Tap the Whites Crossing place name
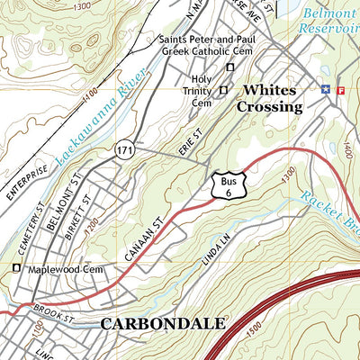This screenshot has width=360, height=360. tap(271, 98)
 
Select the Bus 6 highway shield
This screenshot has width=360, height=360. tap(226, 187)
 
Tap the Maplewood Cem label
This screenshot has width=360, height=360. tap(64, 269)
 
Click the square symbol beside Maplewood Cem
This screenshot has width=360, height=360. tap(15, 268)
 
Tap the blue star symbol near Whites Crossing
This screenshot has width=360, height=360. tap(326, 88)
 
